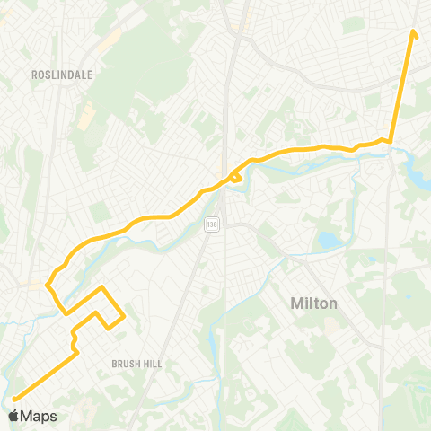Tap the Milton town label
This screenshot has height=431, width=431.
(314, 303)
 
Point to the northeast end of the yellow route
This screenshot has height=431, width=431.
(414, 33)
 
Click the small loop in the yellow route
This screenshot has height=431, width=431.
(237, 178)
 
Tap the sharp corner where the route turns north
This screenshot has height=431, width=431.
(391, 139)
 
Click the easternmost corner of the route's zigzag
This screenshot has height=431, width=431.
(123, 313)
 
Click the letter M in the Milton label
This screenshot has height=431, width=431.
(296, 303)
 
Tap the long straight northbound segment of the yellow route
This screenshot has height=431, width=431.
(402, 85)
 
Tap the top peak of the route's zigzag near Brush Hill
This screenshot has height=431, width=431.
(102, 287)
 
